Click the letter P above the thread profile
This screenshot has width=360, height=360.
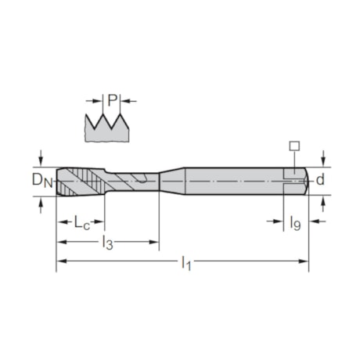[x=112, y=99]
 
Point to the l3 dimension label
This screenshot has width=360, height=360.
[x=107, y=244]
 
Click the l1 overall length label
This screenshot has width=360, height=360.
[x=186, y=264]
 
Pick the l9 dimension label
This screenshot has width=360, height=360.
[x=296, y=224]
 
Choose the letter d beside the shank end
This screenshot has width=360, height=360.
[x=321, y=179]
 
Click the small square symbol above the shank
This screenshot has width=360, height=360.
[x=293, y=146]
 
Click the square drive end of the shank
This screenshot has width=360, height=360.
[x=297, y=179]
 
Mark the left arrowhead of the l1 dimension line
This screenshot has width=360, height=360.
[x=60, y=261]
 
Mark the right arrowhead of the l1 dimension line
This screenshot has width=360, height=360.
[x=304, y=261]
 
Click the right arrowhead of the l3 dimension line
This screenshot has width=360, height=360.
[x=154, y=242]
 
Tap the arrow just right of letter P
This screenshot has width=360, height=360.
[x=125, y=99]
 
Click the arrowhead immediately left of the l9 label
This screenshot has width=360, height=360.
[x=278, y=222]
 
